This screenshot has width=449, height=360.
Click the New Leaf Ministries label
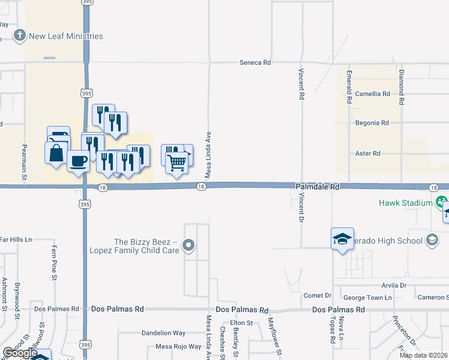(x=66, y=36)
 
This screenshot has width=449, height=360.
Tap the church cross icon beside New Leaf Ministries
(x=20, y=36)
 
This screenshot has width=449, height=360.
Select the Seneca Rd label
(x=255, y=62)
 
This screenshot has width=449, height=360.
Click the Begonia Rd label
(x=372, y=123)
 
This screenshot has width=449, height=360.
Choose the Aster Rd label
(x=368, y=154)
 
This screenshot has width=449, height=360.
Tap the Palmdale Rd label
(x=318, y=187)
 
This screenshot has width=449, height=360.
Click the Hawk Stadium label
(x=406, y=203)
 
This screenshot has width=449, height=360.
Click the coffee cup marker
(x=78, y=160)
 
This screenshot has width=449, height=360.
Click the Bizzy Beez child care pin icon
(x=189, y=245)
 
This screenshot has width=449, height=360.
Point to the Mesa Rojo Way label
(x=178, y=347)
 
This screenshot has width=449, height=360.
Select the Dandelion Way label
(x=163, y=333)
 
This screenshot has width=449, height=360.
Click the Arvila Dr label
(x=394, y=286)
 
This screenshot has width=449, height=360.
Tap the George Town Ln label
(x=367, y=298)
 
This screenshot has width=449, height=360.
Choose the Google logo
(x=20, y=353)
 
